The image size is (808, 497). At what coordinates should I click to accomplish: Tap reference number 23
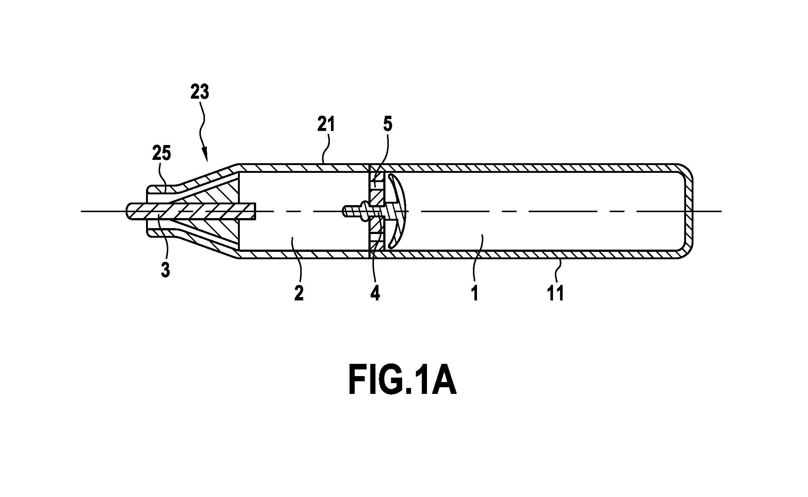click(x=200, y=92)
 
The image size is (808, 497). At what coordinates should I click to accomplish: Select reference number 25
click(x=162, y=154)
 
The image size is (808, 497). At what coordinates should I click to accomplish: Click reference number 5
click(x=387, y=125)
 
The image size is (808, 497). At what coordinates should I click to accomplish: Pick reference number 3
click(x=166, y=270)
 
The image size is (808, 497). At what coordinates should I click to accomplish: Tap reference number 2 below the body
click(x=299, y=293)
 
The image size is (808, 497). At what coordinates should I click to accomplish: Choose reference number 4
click(x=375, y=293)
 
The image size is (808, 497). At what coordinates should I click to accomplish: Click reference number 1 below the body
click(x=475, y=293)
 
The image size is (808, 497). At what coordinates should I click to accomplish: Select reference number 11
click(x=556, y=293)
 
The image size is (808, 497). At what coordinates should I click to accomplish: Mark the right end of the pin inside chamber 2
click(x=255, y=212)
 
